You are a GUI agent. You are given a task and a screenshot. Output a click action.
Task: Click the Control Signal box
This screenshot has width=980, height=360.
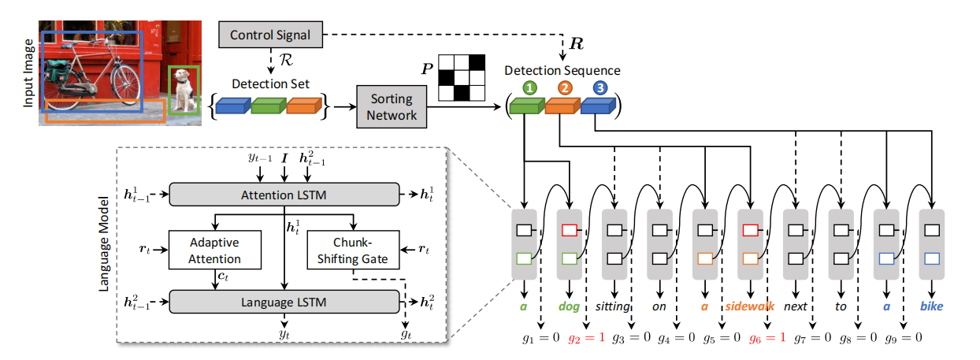(x=270, y=35)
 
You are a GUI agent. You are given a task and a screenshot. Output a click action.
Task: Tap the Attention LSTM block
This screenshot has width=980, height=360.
(x=284, y=195)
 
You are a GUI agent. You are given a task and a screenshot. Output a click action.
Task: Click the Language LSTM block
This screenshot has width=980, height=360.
(x=284, y=301)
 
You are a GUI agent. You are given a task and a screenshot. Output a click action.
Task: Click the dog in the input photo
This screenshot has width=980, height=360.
(x=185, y=91)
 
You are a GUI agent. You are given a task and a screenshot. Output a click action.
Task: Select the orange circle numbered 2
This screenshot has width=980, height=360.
(x=564, y=88)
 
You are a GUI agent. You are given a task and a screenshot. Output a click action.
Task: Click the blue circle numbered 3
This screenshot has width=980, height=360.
(x=601, y=88)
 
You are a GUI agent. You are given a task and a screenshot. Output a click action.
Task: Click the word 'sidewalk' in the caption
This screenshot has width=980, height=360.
(x=750, y=306)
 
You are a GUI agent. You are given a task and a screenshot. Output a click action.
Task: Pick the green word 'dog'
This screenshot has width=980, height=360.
(x=569, y=306)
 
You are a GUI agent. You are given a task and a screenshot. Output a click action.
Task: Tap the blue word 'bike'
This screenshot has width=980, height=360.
(x=932, y=306)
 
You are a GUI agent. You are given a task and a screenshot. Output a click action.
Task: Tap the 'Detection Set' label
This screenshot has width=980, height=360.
(x=270, y=84)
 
